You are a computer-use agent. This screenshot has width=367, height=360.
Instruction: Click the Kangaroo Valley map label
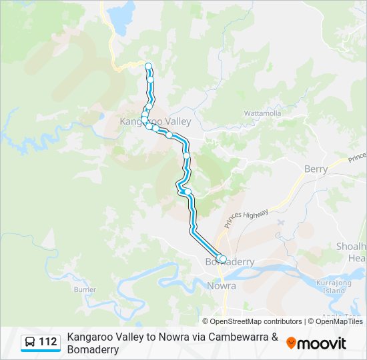(155, 121)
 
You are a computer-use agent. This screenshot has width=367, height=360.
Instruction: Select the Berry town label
(316, 169)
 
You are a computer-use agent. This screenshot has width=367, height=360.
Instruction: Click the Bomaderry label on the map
(230, 262)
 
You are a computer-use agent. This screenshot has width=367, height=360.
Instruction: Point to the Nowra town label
(222, 286)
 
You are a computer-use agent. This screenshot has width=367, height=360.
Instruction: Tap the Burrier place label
(85, 289)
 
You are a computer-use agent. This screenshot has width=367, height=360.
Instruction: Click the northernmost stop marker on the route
(148, 65)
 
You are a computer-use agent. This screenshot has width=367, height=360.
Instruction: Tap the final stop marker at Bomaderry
(223, 259)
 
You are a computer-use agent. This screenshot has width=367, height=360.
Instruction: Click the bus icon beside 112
(30, 343)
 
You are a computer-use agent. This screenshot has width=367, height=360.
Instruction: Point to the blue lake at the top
(121, 15)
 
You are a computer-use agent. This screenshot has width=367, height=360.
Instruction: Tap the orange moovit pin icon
(291, 343)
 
